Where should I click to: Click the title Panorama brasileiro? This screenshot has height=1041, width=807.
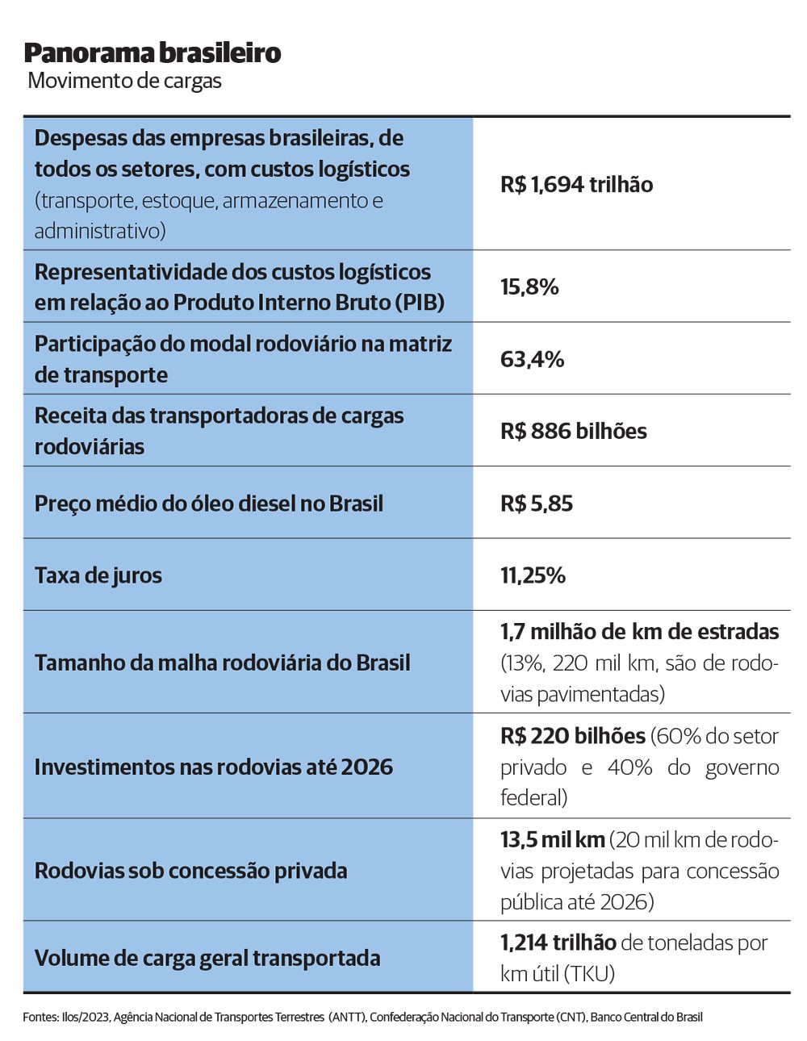pos(153,52)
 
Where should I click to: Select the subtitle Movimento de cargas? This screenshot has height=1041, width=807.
pos(124,81)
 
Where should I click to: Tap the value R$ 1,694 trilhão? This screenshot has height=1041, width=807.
pos(576,185)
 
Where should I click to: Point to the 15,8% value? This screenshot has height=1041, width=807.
pos(529,287)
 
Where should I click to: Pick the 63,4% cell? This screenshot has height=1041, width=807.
pos(532,359)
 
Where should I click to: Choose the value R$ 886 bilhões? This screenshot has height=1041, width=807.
pos(573,431)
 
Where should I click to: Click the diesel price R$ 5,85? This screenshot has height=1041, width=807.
pos(537,504)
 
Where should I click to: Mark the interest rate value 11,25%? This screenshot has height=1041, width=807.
pos(533,575)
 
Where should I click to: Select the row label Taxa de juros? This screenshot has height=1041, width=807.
pos(98,575)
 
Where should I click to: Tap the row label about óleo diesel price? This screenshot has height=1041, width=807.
pos(208,504)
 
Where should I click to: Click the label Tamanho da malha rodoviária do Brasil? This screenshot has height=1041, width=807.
pos(222,663)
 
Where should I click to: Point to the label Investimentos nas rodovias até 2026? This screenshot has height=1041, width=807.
pos(213,767)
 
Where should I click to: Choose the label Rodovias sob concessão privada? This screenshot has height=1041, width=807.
pos(190,871)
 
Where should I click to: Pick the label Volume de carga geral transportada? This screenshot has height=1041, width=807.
pos(207,958)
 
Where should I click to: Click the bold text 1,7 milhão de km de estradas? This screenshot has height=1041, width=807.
pos(639,632)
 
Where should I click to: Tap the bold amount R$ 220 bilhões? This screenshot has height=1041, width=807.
pos(573,736)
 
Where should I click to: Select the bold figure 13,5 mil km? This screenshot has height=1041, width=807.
pos(553,840)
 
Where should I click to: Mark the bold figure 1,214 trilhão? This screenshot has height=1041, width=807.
pos(558,943)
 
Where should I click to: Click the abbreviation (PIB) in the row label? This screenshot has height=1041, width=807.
pos(420,303)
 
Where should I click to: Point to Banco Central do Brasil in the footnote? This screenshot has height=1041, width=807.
pos(646,1017)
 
